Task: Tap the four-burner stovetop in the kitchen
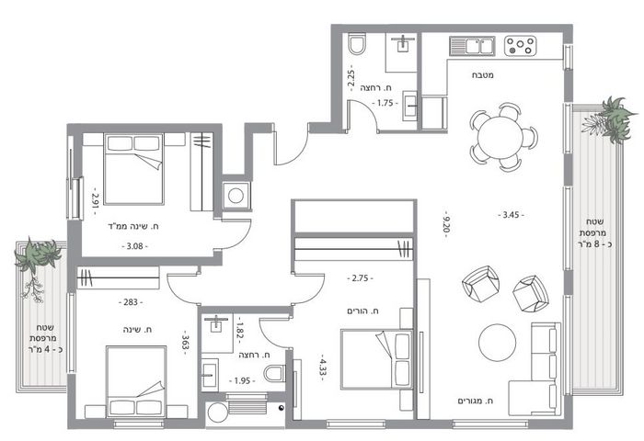[521, 46]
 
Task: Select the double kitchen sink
[472, 46]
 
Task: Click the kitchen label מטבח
[483, 75]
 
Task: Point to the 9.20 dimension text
[446, 224]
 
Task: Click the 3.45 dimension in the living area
[511, 215]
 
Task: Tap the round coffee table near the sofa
[498, 343]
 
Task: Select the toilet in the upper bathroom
[357, 44]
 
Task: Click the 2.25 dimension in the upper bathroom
[351, 78]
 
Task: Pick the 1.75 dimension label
[385, 104]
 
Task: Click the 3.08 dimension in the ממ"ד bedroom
[134, 246]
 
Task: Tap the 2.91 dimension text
[96, 201]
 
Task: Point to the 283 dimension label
[131, 302]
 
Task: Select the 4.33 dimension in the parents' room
[323, 367]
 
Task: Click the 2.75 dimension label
[361, 278]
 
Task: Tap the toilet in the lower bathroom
[274, 373]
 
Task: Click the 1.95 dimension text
[242, 380]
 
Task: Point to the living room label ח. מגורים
[476, 401]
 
